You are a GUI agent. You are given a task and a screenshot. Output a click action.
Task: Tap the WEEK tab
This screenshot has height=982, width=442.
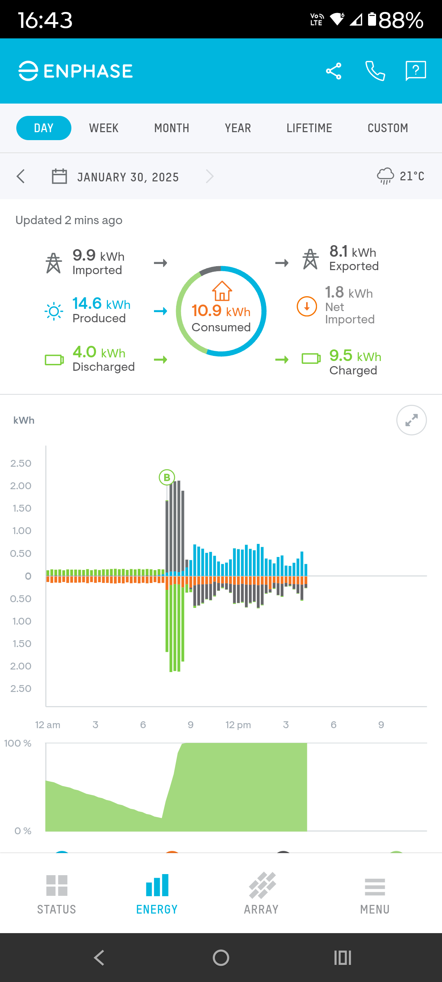tap(104, 128)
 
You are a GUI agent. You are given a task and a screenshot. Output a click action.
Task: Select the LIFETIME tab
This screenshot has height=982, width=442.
tap(309, 128)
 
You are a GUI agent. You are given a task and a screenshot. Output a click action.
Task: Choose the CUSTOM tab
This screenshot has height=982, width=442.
tap(387, 128)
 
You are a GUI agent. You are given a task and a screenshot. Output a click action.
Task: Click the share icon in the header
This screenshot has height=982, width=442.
tap(333, 71)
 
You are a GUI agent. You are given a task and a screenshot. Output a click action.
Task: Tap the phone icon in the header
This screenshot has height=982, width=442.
tap(375, 71)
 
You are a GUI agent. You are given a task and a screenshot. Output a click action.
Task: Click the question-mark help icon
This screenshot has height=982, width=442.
tap(415, 71)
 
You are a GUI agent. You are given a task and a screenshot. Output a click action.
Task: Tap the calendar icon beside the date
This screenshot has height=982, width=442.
tap(59, 176)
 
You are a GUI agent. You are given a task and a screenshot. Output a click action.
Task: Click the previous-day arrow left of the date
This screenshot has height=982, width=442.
tap(21, 176)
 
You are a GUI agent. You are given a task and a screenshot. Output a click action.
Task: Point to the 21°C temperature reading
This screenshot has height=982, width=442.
tap(412, 176)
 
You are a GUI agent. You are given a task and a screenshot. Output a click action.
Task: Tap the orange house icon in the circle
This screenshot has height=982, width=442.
tap(222, 291)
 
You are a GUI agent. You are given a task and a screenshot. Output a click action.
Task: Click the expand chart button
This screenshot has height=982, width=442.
tap(411, 420)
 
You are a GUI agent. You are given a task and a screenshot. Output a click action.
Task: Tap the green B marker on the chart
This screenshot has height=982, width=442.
tap(167, 477)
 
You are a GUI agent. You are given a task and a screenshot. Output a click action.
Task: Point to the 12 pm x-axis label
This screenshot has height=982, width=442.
tap(238, 725)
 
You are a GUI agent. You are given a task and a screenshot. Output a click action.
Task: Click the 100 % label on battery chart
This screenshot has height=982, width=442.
tap(18, 743)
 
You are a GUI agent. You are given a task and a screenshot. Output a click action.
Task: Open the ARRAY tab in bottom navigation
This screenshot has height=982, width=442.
tap(262, 893)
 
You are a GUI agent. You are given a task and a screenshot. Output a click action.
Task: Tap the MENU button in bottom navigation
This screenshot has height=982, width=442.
tap(375, 893)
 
